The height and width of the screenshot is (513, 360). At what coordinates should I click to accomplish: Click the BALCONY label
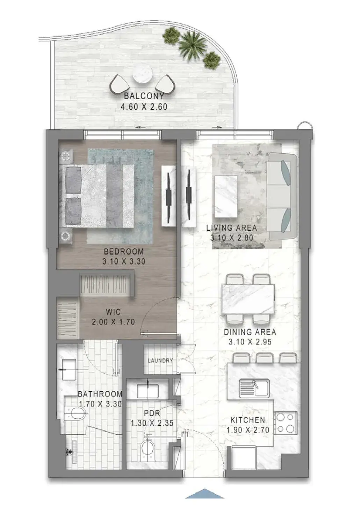pos(144,96)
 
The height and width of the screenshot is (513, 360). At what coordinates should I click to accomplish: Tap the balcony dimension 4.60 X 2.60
pos(144,107)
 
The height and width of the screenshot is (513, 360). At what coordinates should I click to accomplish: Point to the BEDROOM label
pos(124,252)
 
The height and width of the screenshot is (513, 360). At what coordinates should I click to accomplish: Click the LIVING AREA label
pos(231,228)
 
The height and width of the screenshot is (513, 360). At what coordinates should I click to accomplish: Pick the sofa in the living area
pos(283,196)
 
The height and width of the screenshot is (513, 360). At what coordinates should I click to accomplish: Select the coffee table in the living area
pos(225,196)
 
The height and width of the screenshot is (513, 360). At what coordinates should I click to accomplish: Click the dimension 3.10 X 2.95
pos(250,342)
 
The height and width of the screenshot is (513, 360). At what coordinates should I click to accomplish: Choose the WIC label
pos(113,312)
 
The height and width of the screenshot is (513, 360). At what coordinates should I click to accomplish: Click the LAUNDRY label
pos(160,361)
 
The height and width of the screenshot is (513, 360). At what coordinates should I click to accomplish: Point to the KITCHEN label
pos(247,420)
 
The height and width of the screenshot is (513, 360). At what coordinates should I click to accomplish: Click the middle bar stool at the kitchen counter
pos(264,358)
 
